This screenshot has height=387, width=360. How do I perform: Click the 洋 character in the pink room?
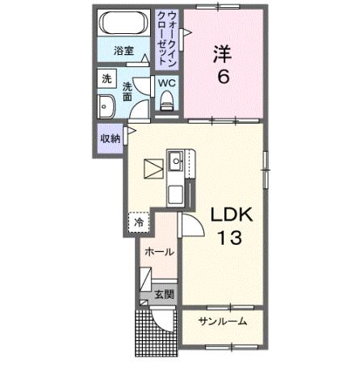click(221, 54)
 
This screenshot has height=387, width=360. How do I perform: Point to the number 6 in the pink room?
click(222, 79)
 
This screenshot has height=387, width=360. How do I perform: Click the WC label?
click(167, 83)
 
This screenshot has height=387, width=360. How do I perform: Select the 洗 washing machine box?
click(107, 80)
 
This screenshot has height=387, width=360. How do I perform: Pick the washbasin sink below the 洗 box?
click(107, 107)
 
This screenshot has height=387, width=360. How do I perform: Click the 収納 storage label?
click(111, 138)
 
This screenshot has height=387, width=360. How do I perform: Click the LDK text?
click(232, 214)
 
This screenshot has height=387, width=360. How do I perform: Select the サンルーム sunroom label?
click(222, 322)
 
